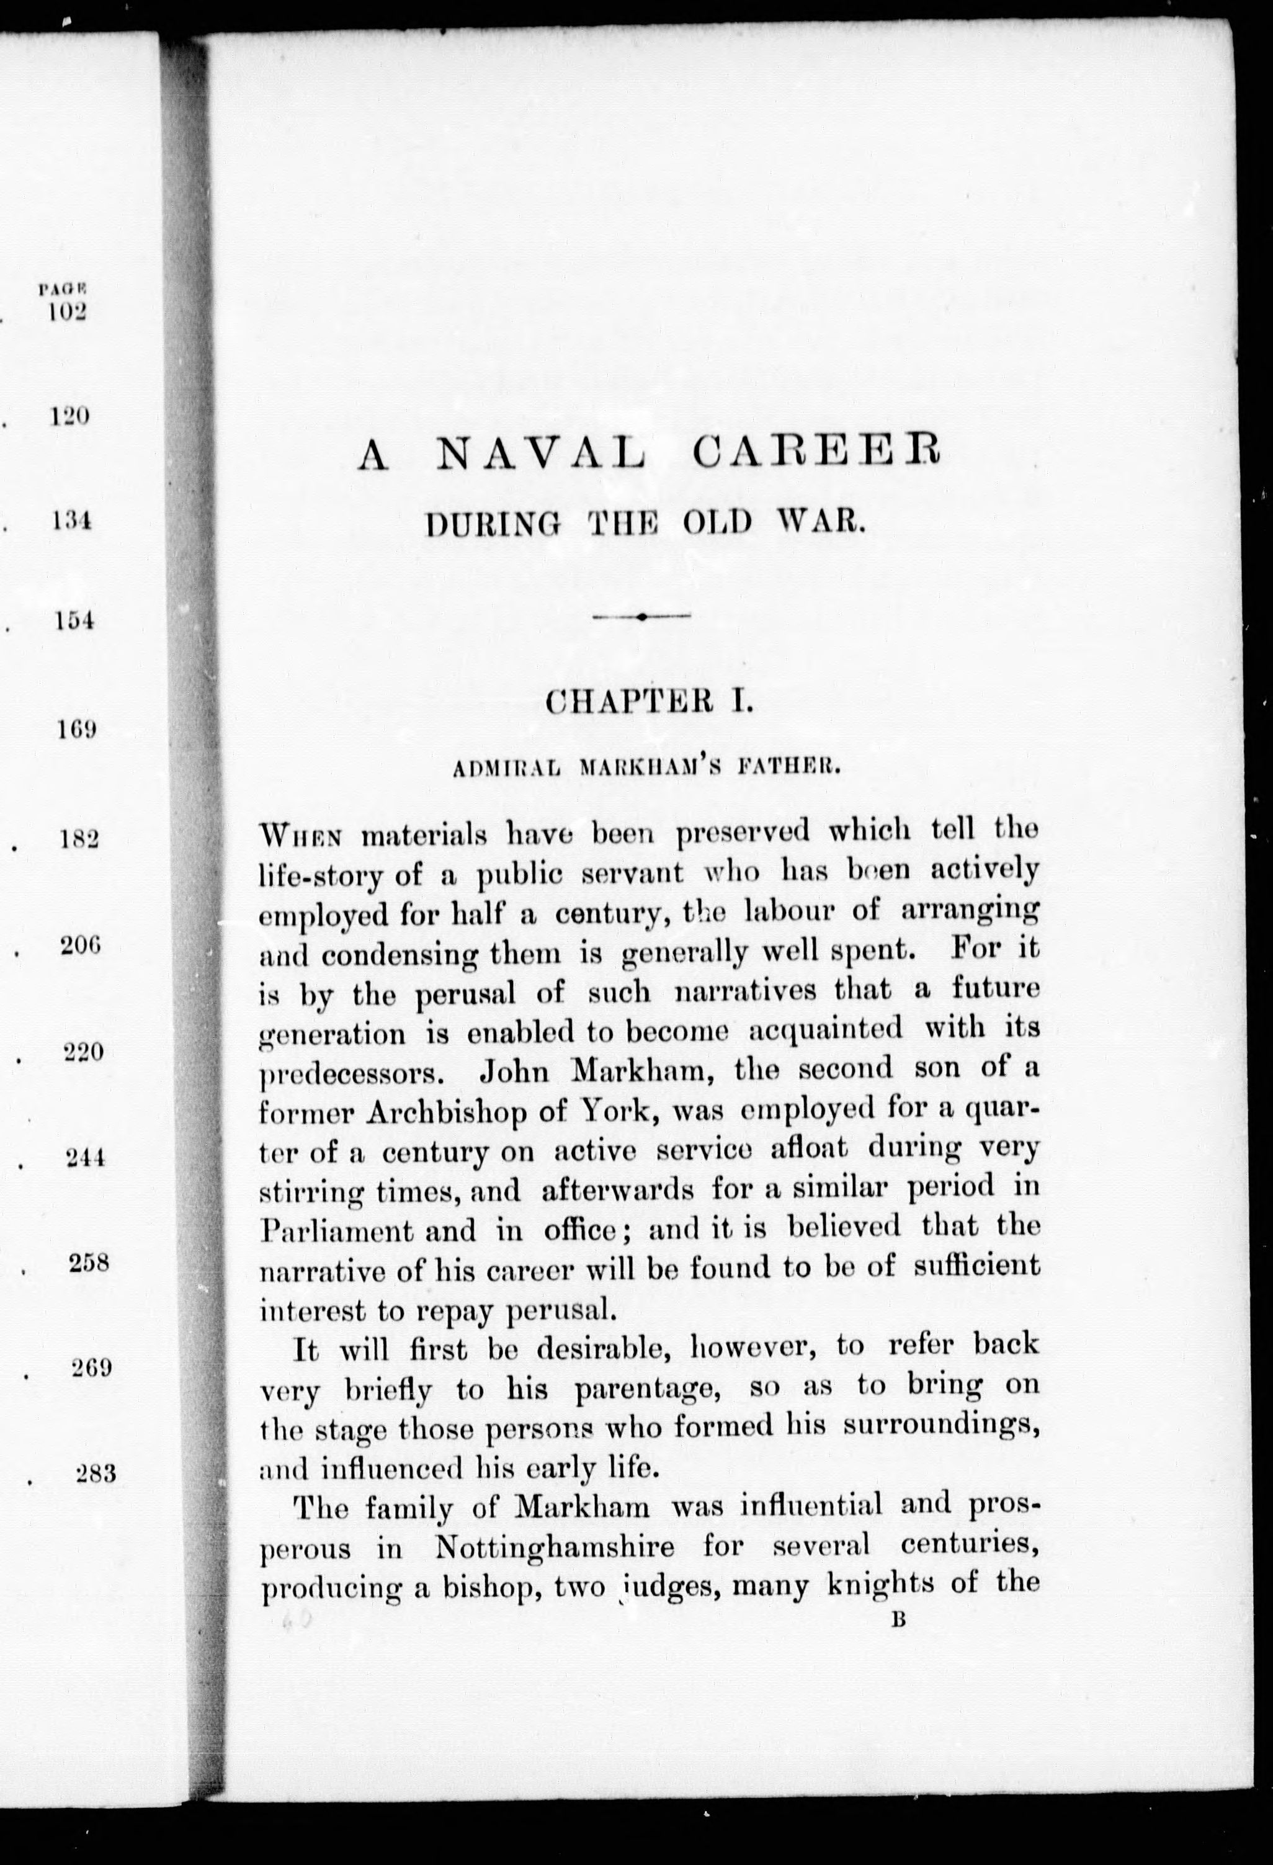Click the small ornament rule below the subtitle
[641, 616]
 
